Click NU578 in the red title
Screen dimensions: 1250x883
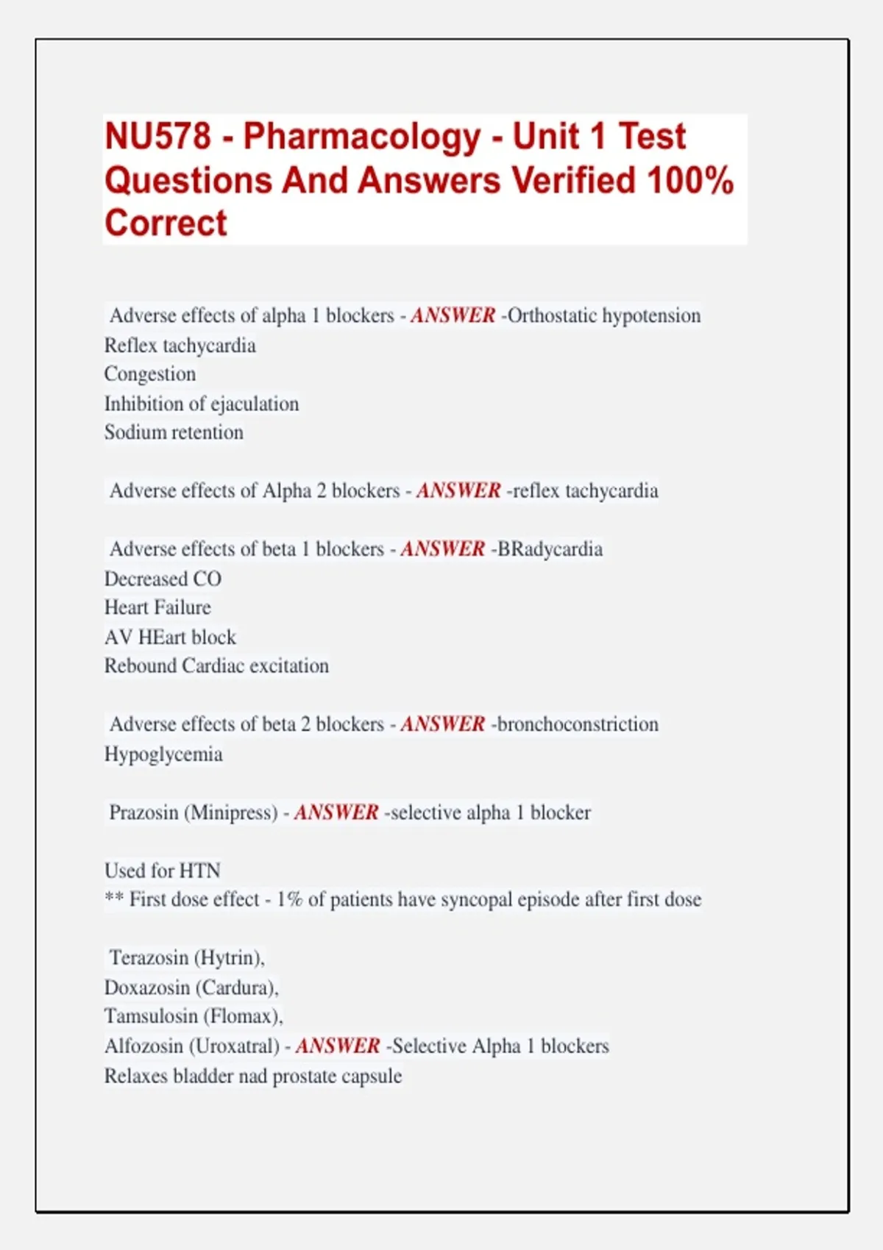pyautogui.click(x=157, y=137)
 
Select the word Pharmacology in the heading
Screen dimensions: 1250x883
pyautogui.click(x=361, y=137)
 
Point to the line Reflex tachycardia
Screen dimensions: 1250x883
pyautogui.click(x=180, y=346)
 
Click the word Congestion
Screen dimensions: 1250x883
pyautogui.click(x=150, y=374)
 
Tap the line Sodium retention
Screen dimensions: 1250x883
pyautogui.click(x=174, y=432)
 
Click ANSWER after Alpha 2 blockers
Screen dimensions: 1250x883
pyautogui.click(x=458, y=490)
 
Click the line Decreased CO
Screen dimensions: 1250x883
pyautogui.click(x=163, y=579)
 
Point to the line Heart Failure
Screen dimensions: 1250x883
pyautogui.click(x=157, y=607)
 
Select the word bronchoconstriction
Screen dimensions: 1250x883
pyautogui.click(x=578, y=724)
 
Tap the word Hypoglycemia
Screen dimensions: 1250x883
pyautogui.click(x=163, y=754)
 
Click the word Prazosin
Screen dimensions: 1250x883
pyautogui.click(x=143, y=813)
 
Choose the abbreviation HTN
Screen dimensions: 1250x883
pyautogui.click(x=199, y=871)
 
